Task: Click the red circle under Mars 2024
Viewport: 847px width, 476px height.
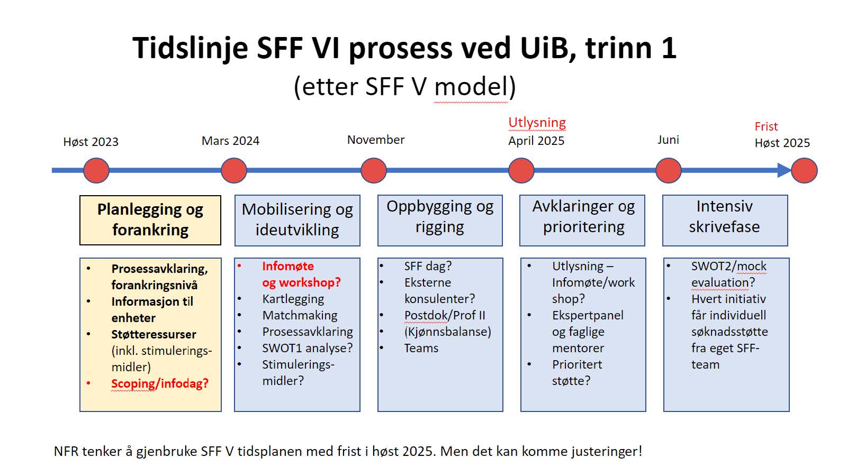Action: click(233, 170)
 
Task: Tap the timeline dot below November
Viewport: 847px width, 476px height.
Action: click(374, 170)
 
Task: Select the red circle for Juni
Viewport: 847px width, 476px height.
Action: click(668, 170)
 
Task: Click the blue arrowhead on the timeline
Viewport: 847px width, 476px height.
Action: click(784, 170)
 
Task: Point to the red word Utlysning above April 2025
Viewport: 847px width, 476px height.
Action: click(537, 122)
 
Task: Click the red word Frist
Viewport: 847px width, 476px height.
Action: click(766, 126)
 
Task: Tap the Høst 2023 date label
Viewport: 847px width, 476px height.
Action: click(91, 142)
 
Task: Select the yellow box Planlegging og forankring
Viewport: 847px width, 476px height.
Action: click(150, 220)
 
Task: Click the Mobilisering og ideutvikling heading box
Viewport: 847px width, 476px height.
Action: click(297, 220)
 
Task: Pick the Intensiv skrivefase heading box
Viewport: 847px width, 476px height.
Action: click(725, 220)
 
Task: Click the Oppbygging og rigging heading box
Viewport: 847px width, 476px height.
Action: click(440, 220)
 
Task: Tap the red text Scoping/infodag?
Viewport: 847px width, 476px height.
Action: click(159, 383)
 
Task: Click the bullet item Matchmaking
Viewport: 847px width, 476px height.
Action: click(300, 315)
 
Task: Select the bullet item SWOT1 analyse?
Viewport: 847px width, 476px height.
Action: click(308, 348)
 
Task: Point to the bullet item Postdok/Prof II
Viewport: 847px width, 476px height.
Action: click(445, 315)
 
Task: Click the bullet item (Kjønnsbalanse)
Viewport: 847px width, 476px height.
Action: click(448, 332)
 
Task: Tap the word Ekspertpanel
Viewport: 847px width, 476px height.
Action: click(588, 315)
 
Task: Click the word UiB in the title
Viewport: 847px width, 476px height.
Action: click(548, 48)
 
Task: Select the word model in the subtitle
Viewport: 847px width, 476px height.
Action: click(471, 87)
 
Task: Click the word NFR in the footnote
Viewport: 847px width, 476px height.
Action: click(66, 451)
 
